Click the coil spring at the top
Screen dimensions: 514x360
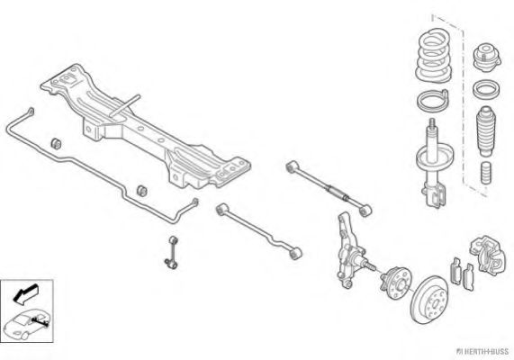click(x=433, y=56)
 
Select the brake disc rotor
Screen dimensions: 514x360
click(x=429, y=300)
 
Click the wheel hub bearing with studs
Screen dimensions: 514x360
click(x=394, y=283)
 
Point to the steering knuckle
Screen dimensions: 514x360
click(x=350, y=251)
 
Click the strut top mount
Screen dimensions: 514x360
click(x=487, y=57)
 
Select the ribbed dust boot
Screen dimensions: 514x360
click(x=486, y=130)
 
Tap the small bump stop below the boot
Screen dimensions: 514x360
click(x=487, y=173)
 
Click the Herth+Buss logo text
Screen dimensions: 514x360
click(x=485, y=352)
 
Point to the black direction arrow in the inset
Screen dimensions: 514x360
click(x=25, y=293)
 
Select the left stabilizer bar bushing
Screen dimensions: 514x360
click(x=57, y=144)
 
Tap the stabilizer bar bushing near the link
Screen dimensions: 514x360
click(x=142, y=191)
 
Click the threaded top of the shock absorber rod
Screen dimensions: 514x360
click(x=432, y=124)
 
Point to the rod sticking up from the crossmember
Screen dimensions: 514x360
click(x=125, y=106)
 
